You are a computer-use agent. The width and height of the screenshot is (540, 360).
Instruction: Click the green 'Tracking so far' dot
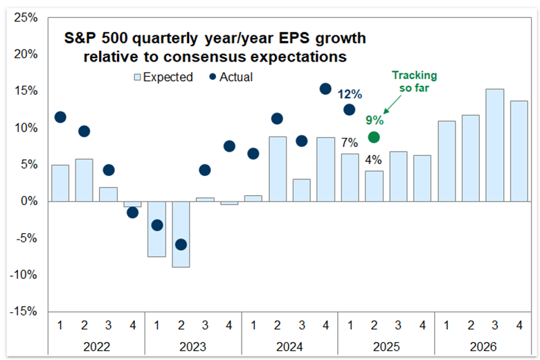coord(374,137)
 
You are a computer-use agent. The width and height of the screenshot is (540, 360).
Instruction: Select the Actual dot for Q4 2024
coord(325,89)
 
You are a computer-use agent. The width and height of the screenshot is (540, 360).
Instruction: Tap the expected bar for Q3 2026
coord(495,145)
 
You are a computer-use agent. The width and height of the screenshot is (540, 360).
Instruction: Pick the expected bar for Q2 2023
coord(181,234)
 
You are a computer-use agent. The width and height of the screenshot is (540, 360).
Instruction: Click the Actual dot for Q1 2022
coord(60,117)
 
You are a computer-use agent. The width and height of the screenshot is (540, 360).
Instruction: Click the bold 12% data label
coord(350,93)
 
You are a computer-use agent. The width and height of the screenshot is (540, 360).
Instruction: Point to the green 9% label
coord(374,119)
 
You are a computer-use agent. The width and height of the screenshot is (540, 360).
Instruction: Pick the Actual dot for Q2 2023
coord(181,244)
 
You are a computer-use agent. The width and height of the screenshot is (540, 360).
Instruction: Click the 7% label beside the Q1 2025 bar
coord(349,143)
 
